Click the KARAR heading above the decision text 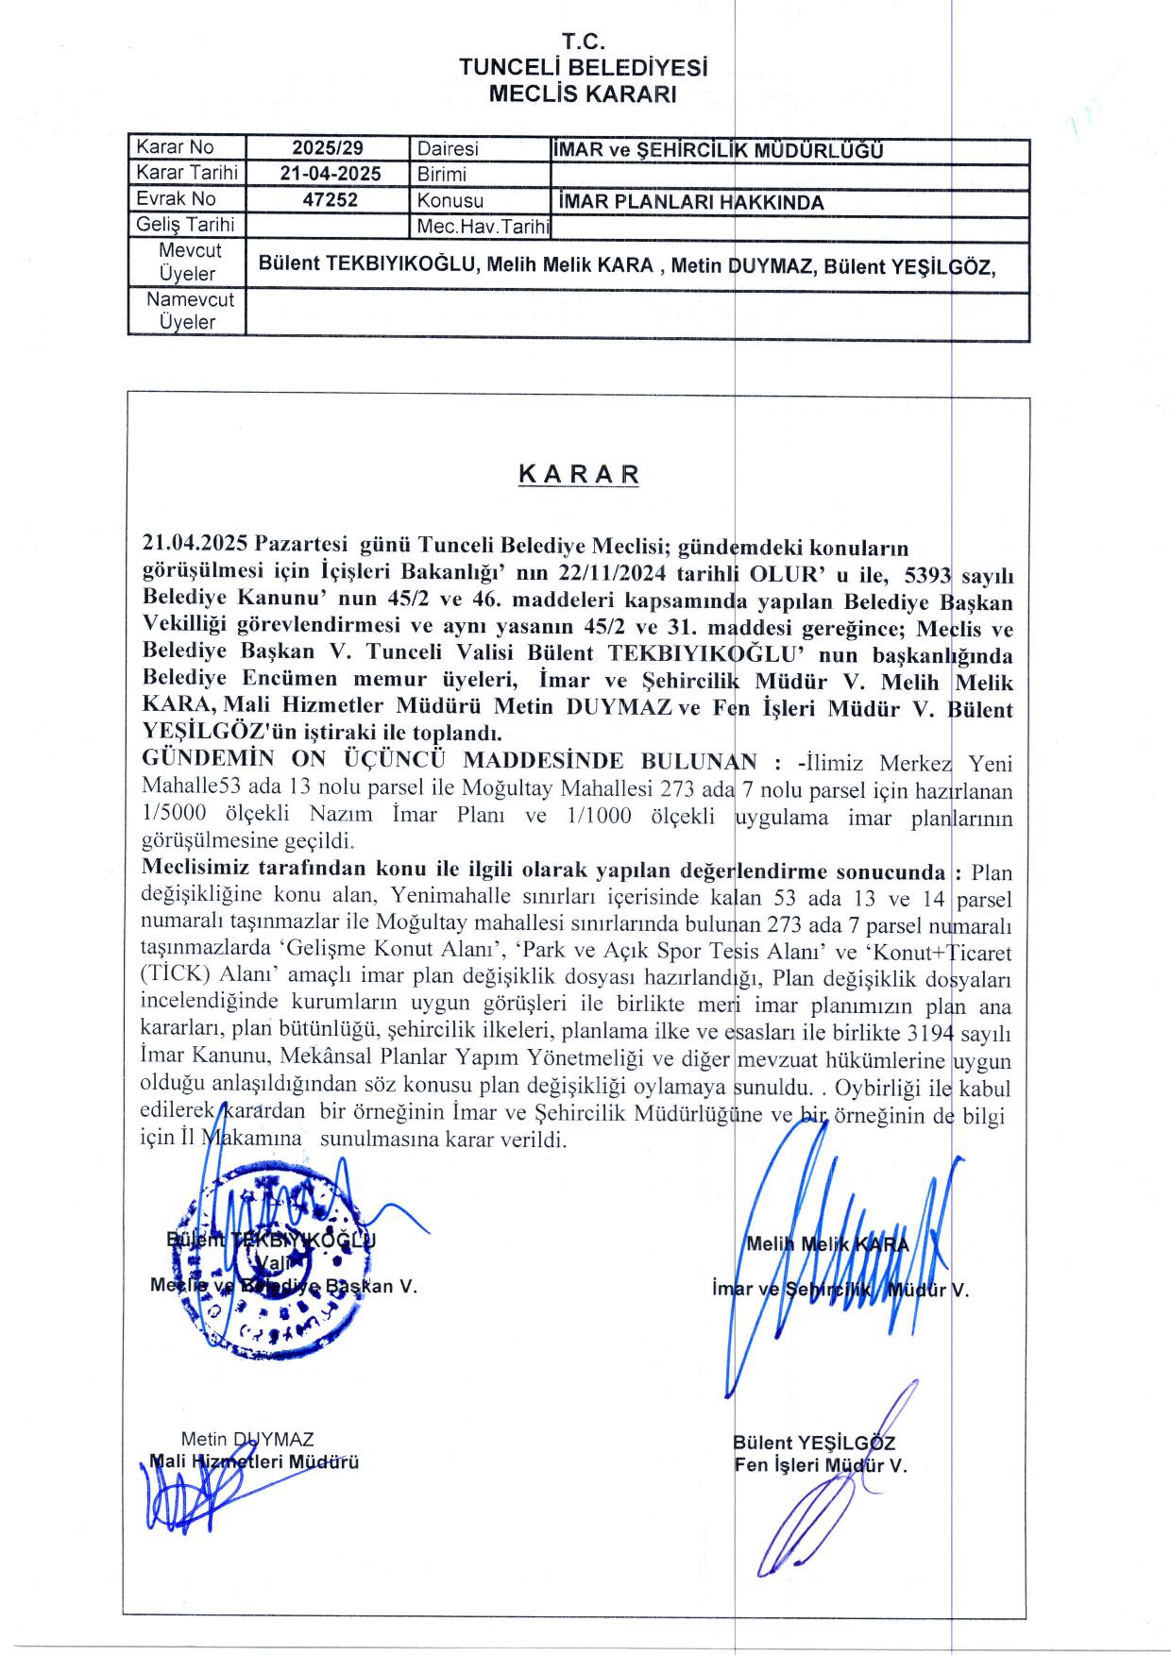tap(578, 474)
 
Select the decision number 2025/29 tap(328, 148)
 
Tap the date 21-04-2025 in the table tap(331, 174)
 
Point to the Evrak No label tap(177, 199)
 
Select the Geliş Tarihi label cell tap(185, 225)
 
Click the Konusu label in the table tap(450, 200)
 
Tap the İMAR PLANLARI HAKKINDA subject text tap(690, 202)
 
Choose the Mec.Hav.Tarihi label tap(483, 227)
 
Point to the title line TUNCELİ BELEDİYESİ tap(583, 68)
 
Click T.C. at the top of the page tap(583, 42)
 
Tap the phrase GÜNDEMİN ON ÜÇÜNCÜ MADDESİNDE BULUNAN tap(449, 761)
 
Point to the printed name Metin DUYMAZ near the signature tap(247, 1440)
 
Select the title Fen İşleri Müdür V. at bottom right tap(820, 1466)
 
